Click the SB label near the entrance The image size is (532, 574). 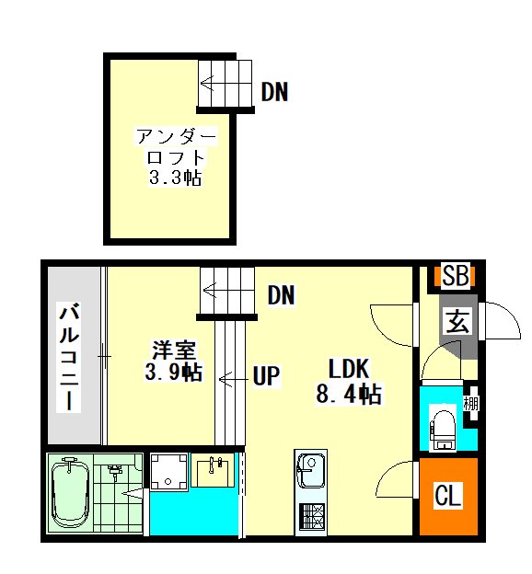[x=455, y=275]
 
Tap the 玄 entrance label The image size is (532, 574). [x=458, y=320]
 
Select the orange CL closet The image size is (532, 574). [x=448, y=496]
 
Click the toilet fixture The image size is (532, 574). [x=442, y=428]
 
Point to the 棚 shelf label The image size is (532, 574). [x=471, y=404]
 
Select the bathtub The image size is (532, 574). [x=70, y=493]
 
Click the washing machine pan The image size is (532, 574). [x=169, y=472]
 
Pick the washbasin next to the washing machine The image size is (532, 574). [x=213, y=470]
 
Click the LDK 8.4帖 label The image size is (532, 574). [x=349, y=381]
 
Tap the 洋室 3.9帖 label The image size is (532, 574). [x=174, y=361]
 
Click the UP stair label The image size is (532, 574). [x=266, y=375]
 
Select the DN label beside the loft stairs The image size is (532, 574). [x=274, y=91]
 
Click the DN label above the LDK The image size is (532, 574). [x=281, y=295]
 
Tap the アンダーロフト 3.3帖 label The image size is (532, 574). [x=176, y=157]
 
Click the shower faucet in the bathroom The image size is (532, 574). [x=114, y=471]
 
